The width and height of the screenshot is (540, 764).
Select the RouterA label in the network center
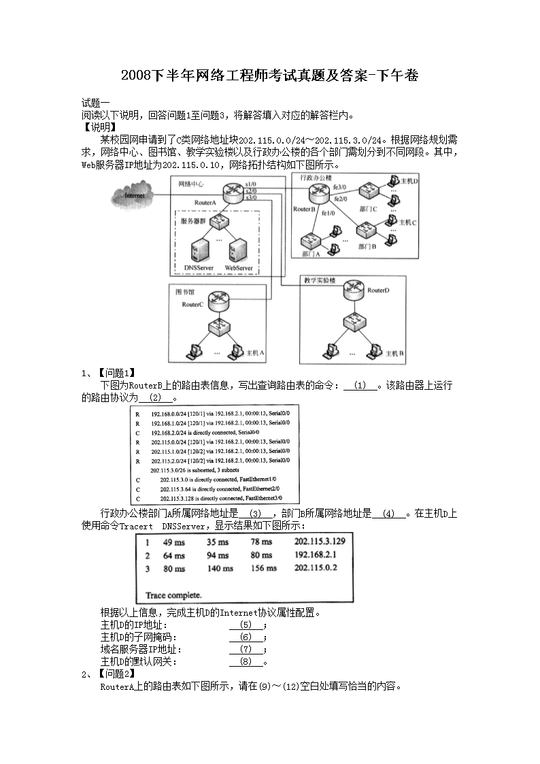[205, 203]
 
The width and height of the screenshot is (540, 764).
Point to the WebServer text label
[239, 268]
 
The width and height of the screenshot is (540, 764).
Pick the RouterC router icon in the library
[219, 299]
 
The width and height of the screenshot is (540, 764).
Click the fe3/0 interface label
[340, 186]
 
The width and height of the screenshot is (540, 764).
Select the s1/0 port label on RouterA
[251, 184]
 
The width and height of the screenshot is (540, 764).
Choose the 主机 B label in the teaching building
[395, 354]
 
